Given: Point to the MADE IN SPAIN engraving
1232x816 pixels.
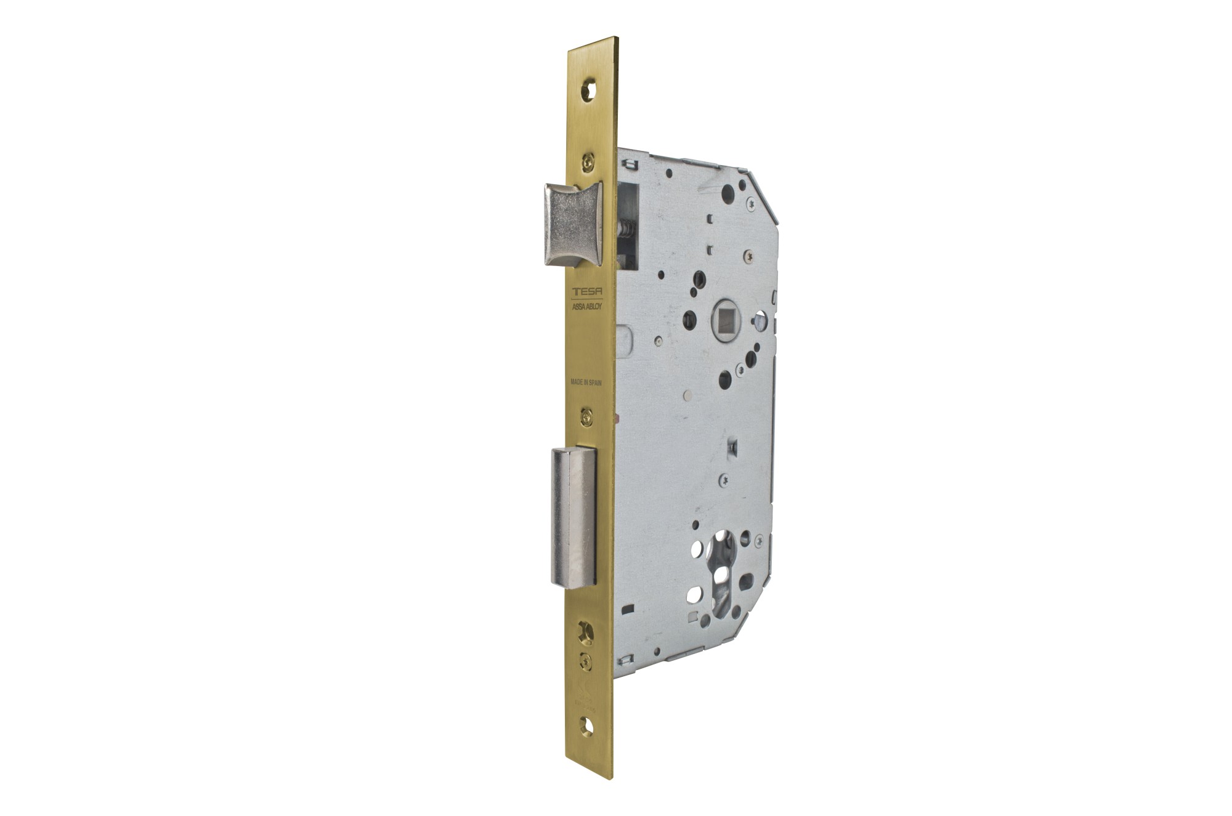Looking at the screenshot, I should (x=586, y=382).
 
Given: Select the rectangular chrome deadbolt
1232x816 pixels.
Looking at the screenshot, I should (x=573, y=517).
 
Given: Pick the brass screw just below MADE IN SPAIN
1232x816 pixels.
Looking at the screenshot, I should (x=587, y=417).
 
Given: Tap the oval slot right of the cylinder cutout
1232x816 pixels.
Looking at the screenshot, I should (x=748, y=580).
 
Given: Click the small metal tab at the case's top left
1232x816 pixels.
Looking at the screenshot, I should (x=628, y=164).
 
